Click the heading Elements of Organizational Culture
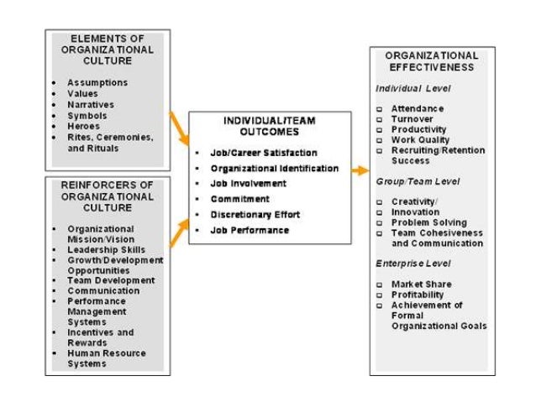107,50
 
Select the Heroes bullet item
83,127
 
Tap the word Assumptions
97,83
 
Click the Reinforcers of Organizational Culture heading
107,195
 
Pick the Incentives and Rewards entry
100,337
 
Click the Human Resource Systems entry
106,358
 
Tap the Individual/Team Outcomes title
269,126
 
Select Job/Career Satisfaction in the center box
263,153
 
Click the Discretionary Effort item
255,214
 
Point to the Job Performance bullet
249,229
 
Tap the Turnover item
412,120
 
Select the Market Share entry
422,284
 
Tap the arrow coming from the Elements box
178,128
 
